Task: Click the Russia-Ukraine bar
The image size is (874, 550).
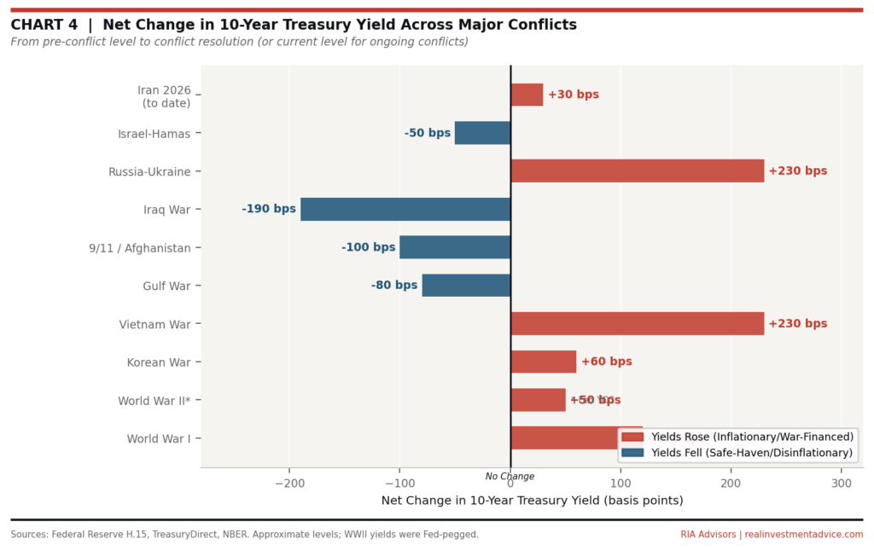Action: coord(637,171)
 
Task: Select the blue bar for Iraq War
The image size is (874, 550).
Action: coord(405,209)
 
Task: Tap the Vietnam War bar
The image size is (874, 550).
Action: coord(637,323)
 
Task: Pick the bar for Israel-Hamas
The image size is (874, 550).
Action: coord(482,133)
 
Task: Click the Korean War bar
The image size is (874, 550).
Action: coord(543,362)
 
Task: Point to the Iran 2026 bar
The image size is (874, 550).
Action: coord(527,95)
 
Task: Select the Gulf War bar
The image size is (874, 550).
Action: coord(466,285)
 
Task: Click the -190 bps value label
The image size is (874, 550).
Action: coord(269,209)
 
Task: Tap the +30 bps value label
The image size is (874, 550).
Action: coord(574,95)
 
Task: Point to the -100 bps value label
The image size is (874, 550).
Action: coord(368,247)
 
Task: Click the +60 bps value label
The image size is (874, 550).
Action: coord(606,362)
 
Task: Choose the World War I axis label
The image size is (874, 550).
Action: coord(159,438)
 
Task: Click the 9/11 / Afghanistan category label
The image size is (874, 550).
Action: coord(140,247)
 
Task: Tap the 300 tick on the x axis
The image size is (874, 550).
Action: coord(842,483)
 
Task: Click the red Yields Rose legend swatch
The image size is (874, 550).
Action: coord(633,437)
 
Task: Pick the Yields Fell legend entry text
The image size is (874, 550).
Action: coord(752,453)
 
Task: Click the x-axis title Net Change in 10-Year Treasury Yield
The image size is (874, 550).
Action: coord(532,501)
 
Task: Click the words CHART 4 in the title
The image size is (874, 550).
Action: coord(44,25)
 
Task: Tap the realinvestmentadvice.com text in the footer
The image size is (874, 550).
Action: coord(804,535)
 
